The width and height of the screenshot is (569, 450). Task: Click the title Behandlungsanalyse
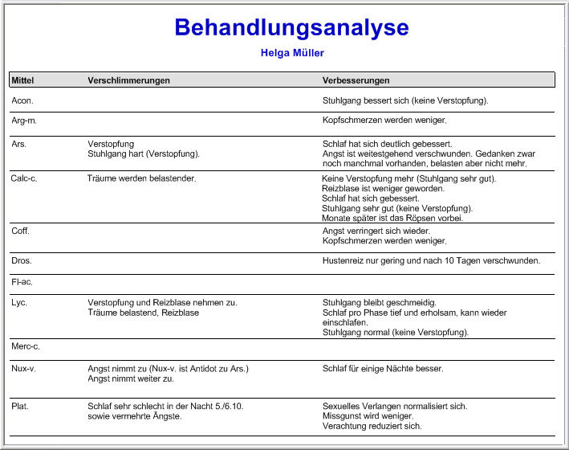pyautogui.click(x=291, y=28)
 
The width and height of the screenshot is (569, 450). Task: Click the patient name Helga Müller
pyautogui.click(x=292, y=53)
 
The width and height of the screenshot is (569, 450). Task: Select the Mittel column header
pyautogui.click(x=22, y=80)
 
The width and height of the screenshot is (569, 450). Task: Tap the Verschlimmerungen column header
pyautogui.click(x=128, y=80)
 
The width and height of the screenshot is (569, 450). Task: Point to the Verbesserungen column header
pyautogui.click(x=356, y=80)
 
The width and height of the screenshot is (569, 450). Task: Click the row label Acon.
pyautogui.click(x=22, y=101)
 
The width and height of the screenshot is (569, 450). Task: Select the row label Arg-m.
pyautogui.click(x=24, y=121)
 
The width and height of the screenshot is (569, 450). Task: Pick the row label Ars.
pyautogui.click(x=19, y=144)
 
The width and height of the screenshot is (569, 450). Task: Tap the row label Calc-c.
pyautogui.click(x=24, y=178)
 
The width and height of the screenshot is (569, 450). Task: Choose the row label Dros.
pyautogui.click(x=22, y=261)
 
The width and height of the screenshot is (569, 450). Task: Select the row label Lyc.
pyautogui.click(x=19, y=303)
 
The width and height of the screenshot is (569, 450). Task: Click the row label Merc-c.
pyautogui.click(x=26, y=346)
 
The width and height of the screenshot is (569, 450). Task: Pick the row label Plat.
pyautogui.click(x=20, y=407)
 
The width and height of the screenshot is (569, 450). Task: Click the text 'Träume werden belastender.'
pyautogui.click(x=141, y=178)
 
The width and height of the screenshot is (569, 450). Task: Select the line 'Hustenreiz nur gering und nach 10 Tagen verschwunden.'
pyautogui.click(x=431, y=261)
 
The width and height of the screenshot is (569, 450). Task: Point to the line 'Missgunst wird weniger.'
pyautogui.click(x=368, y=416)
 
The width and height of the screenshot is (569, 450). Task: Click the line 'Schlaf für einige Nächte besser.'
pyautogui.click(x=382, y=369)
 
